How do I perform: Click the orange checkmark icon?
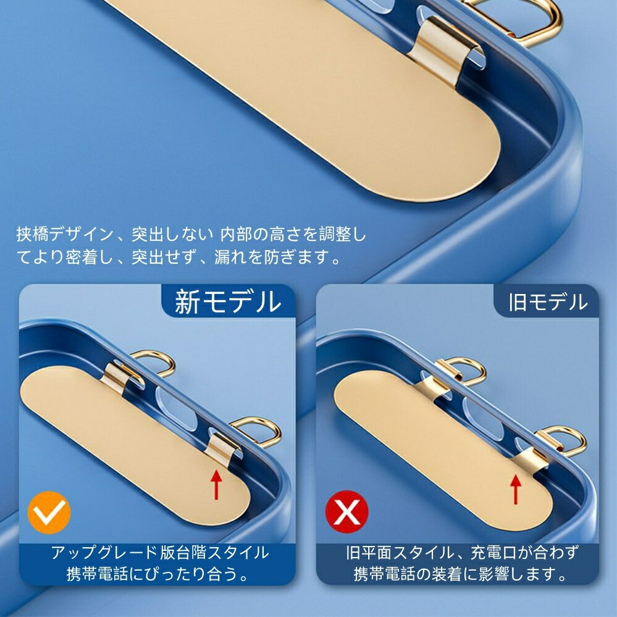click(x=49, y=513)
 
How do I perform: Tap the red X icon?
click(x=346, y=511)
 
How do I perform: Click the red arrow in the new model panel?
click(x=216, y=485)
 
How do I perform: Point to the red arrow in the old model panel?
click(x=516, y=489)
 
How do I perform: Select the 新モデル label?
click(x=229, y=302)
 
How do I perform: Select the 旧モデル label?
click(x=548, y=302)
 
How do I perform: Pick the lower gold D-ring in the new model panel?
click(x=257, y=430)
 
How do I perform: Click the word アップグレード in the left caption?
click(x=104, y=553)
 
